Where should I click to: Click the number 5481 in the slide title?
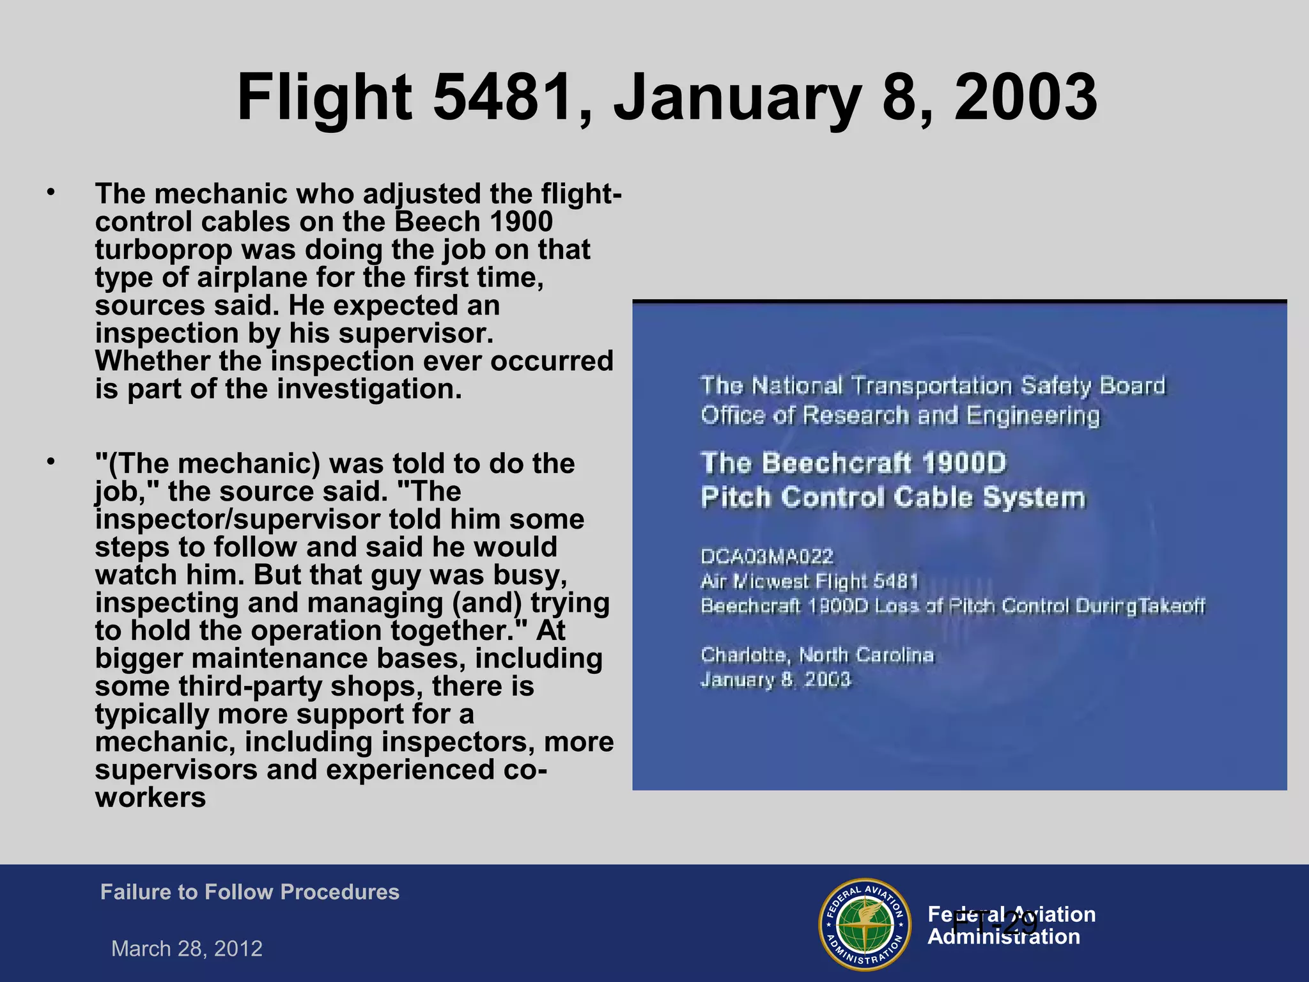[502, 97]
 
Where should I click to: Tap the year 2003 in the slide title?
[1025, 97]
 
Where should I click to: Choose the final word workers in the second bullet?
[151, 798]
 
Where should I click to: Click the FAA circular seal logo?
[864, 924]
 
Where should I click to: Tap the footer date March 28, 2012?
[187, 949]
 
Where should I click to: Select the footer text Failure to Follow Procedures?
[250, 892]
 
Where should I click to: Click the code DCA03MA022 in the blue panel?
[767, 557]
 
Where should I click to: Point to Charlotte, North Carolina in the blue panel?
[817, 655]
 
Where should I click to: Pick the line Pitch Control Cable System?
[893, 497]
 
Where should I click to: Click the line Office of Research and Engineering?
[900, 416]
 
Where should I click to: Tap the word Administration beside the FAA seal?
[1003, 937]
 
